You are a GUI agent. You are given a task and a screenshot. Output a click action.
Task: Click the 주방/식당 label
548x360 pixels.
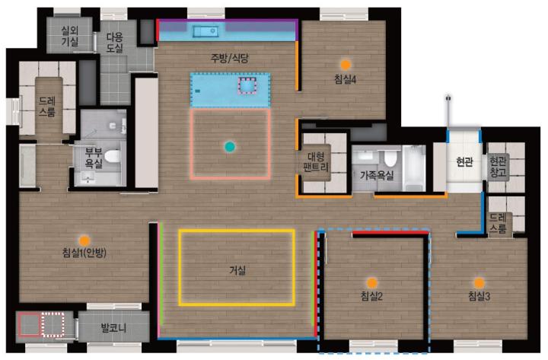click(x=229, y=58)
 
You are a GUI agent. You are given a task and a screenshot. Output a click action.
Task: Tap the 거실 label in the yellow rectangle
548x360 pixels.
click(x=237, y=270)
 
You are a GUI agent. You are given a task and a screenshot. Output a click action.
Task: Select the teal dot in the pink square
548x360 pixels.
click(x=230, y=147)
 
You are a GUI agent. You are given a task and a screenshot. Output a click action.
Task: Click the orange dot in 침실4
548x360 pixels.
click(x=346, y=65)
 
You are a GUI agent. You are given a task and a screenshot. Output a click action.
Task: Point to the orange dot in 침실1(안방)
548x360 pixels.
click(x=84, y=241)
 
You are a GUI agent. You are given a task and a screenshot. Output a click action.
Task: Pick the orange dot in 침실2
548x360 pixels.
click(x=371, y=282)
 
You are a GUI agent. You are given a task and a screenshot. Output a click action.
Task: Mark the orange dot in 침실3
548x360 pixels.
click(x=479, y=282)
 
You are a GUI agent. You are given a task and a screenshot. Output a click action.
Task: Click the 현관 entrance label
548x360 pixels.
click(x=464, y=162)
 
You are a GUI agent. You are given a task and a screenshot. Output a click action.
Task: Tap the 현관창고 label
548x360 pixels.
click(x=498, y=167)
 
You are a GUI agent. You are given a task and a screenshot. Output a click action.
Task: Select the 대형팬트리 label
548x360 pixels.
click(x=316, y=162)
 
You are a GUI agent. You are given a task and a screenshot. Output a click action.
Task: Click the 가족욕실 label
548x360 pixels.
click(x=377, y=175)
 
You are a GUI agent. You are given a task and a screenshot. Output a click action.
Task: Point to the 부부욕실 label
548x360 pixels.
click(x=94, y=158)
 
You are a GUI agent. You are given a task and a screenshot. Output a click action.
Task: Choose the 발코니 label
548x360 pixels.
click(x=113, y=328)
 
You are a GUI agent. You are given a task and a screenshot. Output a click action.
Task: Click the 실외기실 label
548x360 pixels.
click(x=70, y=36)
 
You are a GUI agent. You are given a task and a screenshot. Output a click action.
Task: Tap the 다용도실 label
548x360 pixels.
click(x=115, y=43)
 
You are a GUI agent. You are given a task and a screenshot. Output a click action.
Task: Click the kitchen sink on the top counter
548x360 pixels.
click(x=205, y=32)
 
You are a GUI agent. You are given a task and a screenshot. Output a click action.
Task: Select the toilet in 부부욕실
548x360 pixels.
click(x=113, y=156)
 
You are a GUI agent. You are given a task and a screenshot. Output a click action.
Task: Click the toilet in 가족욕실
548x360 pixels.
click(x=390, y=158)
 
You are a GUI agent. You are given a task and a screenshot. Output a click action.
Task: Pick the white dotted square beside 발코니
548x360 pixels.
click(x=53, y=325)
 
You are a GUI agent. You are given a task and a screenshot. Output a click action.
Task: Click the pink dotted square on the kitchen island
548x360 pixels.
click(x=247, y=86)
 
